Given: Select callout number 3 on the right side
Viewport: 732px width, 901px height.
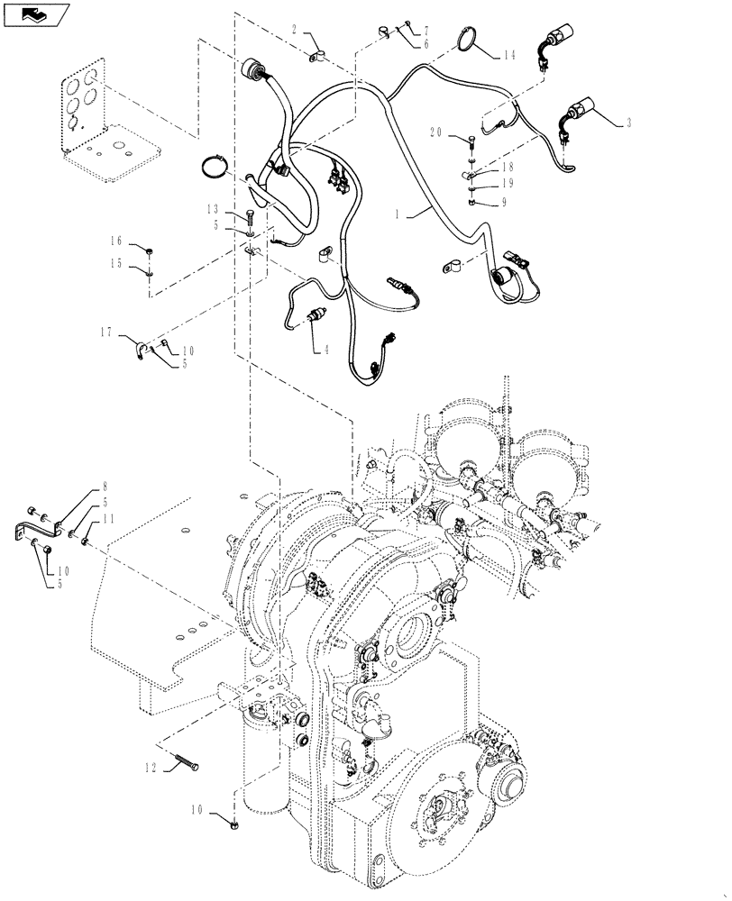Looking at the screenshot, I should point(628,122).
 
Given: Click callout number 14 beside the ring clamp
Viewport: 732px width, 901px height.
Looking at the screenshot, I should point(509,55).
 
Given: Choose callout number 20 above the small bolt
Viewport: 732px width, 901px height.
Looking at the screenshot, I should point(436,133).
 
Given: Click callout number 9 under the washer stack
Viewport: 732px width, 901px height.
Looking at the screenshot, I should point(504,203).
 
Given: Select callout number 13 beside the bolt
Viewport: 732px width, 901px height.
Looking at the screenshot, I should point(213,209).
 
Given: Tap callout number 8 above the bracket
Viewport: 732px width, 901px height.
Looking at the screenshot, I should point(105,486).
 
